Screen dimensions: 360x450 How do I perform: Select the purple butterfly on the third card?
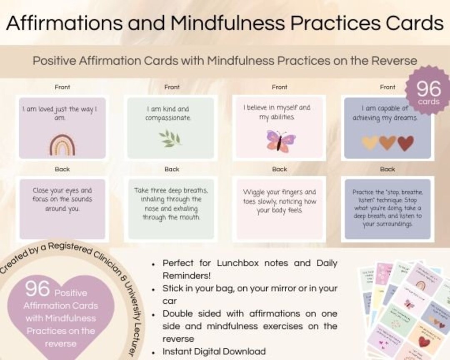[278, 141]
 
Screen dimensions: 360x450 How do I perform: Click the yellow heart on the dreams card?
[370, 143]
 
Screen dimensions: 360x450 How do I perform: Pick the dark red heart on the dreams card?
[405, 143]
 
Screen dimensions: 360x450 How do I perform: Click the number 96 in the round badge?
[428, 89]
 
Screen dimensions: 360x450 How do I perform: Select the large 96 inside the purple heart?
[37, 288]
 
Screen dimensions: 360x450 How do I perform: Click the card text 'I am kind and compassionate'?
[167, 113]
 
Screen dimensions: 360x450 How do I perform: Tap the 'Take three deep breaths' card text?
[171, 203]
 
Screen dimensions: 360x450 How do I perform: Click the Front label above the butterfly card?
[279, 87]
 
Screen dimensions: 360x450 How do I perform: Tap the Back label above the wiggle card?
[279, 169]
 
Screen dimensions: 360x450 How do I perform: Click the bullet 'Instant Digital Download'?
[214, 351]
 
